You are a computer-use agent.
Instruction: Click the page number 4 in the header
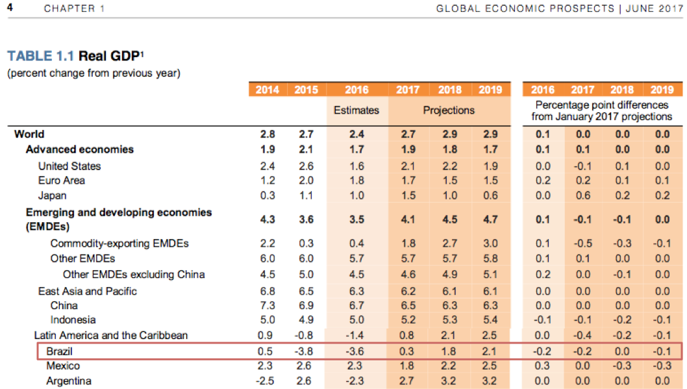10,8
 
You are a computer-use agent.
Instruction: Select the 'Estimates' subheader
356,110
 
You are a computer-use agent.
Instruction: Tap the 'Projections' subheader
449,110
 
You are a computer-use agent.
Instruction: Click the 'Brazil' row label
60,351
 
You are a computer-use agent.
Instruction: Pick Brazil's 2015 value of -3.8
306,351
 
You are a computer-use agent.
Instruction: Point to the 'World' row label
29,134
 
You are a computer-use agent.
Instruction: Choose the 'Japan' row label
52,195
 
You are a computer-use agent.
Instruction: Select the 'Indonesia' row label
73,320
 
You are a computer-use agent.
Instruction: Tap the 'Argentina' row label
69,381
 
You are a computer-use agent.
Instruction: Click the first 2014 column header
267,90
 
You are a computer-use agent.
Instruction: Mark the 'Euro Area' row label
62,180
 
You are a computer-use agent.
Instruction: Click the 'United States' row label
69,166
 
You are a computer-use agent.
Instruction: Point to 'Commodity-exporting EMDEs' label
119,244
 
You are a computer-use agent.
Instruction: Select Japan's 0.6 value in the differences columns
582,195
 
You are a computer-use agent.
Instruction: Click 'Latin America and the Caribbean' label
110,335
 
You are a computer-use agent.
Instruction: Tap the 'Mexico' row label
63,366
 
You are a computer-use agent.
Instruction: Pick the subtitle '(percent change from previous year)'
94,73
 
